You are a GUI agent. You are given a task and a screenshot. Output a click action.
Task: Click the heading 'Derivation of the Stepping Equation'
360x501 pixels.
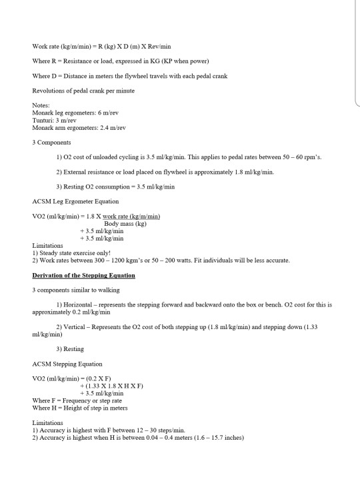[83, 275]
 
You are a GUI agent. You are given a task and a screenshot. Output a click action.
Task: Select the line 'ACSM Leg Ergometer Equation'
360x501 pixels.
[75, 201]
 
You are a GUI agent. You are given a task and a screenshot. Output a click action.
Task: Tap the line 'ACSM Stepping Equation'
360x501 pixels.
[67, 364]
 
